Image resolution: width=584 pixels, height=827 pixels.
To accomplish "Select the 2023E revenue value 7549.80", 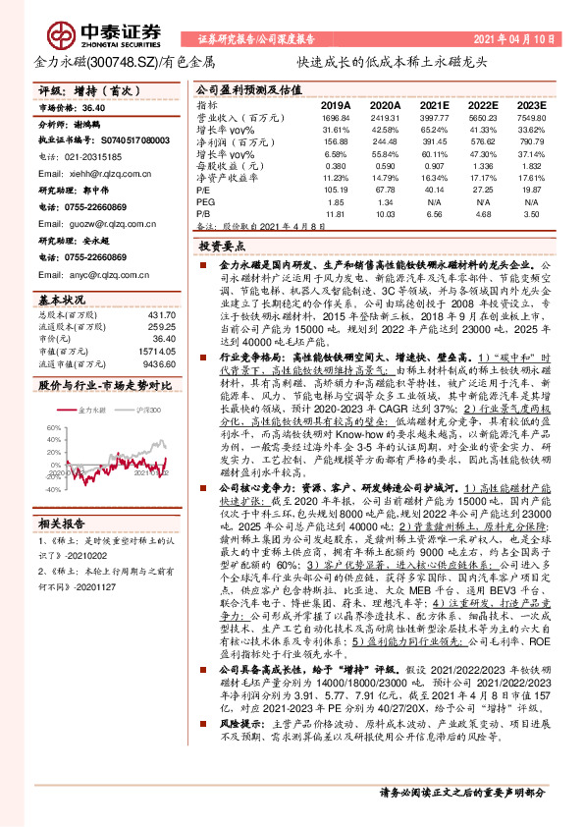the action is click(x=531, y=116).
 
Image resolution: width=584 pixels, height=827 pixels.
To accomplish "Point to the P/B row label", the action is click(x=204, y=212).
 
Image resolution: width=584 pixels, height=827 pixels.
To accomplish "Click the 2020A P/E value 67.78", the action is click(x=386, y=189).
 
